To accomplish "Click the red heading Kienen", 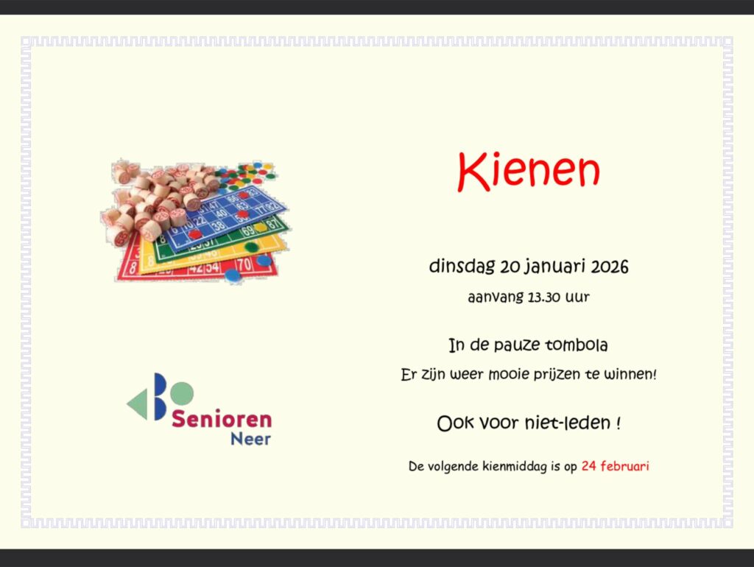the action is pyautogui.click(x=529, y=172).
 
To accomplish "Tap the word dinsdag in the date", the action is pyautogui.click(x=462, y=267).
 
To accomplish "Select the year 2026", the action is pyautogui.click(x=609, y=267).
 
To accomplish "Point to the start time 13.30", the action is pyautogui.click(x=544, y=297).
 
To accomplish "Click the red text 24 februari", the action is pyautogui.click(x=615, y=465).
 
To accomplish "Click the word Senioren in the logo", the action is pyautogui.click(x=222, y=419).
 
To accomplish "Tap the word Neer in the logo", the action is pyautogui.click(x=250, y=439).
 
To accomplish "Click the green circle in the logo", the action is pyautogui.click(x=182, y=393).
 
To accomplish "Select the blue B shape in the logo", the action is pyautogui.click(x=160, y=396).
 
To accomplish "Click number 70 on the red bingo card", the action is pyautogui.click(x=244, y=264).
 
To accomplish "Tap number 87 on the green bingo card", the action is pyautogui.click(x=273, y=224).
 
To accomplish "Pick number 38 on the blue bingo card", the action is pyautogui.click(x=219, y=225).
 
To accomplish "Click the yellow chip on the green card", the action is pyautogui.click(x=260, y=227).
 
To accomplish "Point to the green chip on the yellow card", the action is pyautogui.click(x=252, y=247).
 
